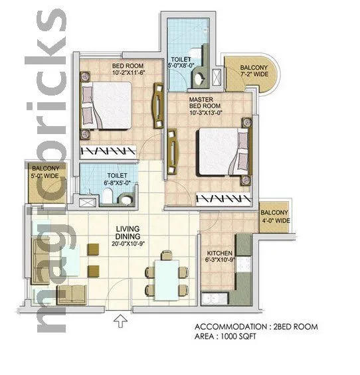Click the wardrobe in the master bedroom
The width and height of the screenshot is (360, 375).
tap(226, 198)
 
